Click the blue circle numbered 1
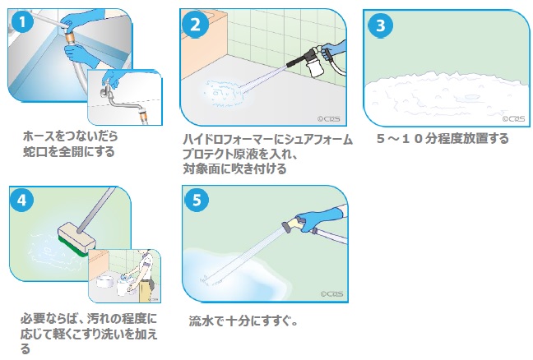22,22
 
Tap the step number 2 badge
195,25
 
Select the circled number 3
380,25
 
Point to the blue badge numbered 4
21,200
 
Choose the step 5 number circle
197,200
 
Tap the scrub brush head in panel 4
76,238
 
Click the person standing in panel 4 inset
143,276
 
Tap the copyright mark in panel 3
513,118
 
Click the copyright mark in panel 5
331,293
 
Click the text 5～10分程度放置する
443,139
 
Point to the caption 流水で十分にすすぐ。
243,321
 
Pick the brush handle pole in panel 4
96,210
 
